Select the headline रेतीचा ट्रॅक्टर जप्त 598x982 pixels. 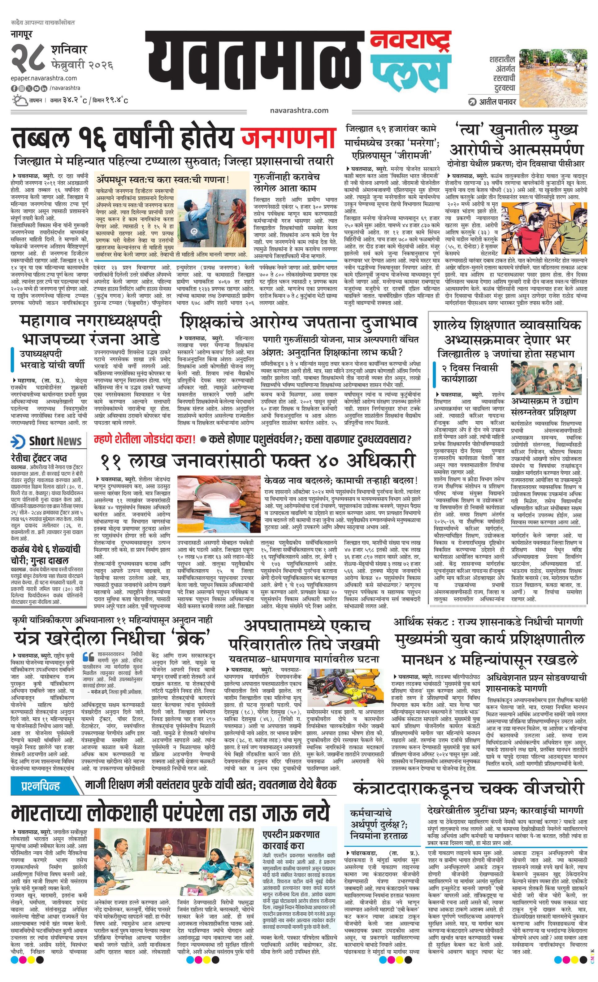[x=39, y=458]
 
